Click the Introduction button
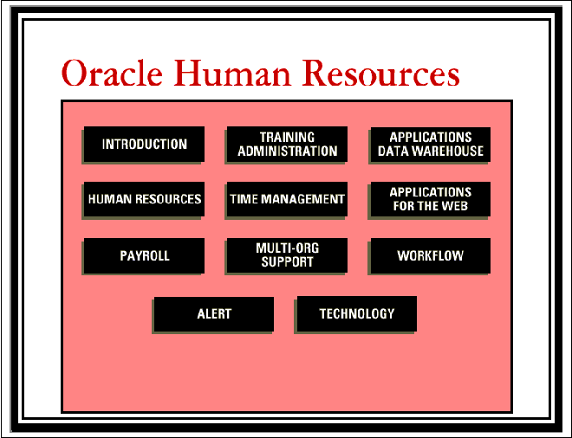click(144, 145)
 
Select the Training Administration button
click(287, 145)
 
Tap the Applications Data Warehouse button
click(431, 145)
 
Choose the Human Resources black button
click(144, 199)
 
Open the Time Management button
click(287, 199)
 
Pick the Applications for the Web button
click(431, 199)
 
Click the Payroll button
click(144, 255)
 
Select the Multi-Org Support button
click(287, 255)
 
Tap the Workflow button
click(431, 255)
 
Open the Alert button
click(214, 313)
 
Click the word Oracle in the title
click(112, 73)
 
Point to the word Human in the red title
click(232, 73)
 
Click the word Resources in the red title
click(380, 73)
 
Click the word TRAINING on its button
click(287, 138)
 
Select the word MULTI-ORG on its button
click(288, 248)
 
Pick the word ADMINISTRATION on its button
click(288, 151)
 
